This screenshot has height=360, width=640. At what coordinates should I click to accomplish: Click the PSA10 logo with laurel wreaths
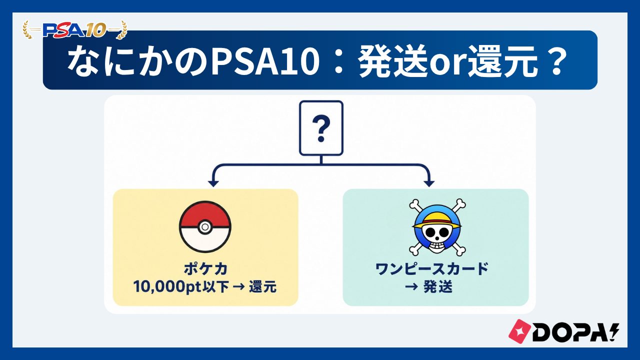point(75,29)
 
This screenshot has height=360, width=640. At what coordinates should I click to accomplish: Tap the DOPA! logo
point(563,331)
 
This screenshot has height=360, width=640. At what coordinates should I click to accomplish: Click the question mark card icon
point(321,128)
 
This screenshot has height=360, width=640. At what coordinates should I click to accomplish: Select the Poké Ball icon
point(205,227)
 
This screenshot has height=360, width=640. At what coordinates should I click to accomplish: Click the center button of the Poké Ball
point(204,227)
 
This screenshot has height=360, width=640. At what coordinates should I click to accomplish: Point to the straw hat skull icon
point(437,227)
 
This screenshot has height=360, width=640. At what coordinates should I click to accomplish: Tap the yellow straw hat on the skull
point(437,220)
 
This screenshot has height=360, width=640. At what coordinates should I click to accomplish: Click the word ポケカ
point(205,269)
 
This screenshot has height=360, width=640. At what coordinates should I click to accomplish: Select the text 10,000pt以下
point(181,287)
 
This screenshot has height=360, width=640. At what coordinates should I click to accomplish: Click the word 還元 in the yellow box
point(262,287)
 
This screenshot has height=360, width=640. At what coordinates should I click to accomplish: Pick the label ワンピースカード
point(431,269)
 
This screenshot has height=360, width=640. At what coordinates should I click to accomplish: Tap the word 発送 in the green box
point(437,287)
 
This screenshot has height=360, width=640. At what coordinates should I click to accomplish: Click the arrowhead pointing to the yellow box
point(213,183)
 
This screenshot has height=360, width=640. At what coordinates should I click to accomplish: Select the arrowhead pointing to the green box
point(429,183)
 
